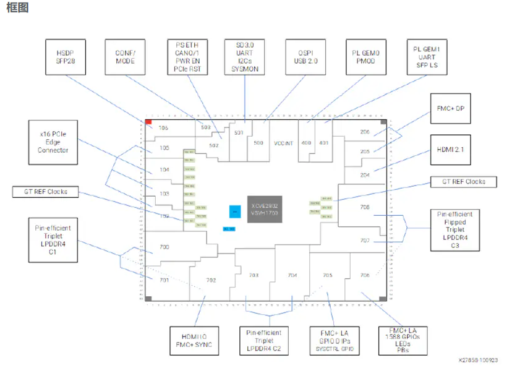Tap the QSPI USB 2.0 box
305,58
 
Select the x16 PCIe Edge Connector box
53,142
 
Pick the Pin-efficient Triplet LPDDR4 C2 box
263,340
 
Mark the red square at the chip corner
148,122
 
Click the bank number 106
163,128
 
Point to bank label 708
365,207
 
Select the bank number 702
211,280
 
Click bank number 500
258,142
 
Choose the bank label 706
365,275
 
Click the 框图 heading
17,8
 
